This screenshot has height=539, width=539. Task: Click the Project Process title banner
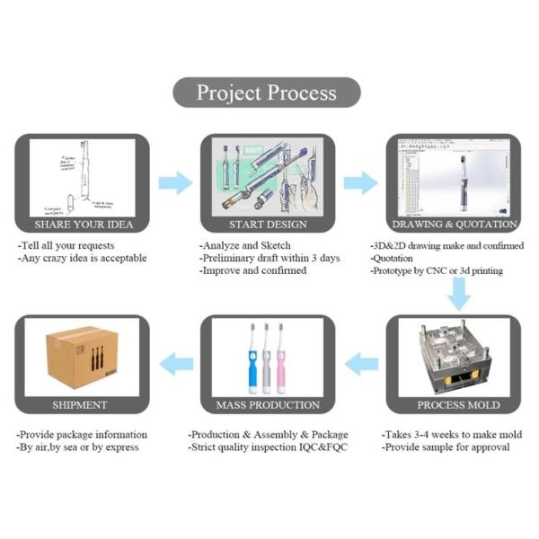pyautogui.click(x=267, y=93)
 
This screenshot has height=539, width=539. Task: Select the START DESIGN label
pyautogui.click(x=267, y=225)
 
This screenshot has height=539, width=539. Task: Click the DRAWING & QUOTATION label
pyautogui.click(x=455, y=225)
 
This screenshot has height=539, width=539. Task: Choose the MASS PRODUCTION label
pyautogui.click(x=267, y=404)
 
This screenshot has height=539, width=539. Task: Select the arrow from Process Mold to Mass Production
pyautogui.click(x=361, y=364)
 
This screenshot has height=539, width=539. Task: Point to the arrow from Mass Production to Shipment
pyautogui.click(x=176, y=364)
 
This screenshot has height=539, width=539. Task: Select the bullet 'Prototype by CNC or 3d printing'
pyautogui.click(x=437, y=270)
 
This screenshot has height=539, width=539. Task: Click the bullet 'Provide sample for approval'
pyautogui.click(x=446, y=446)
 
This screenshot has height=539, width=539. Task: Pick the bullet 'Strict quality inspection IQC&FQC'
pyautogui.click(x=267, y=446)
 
